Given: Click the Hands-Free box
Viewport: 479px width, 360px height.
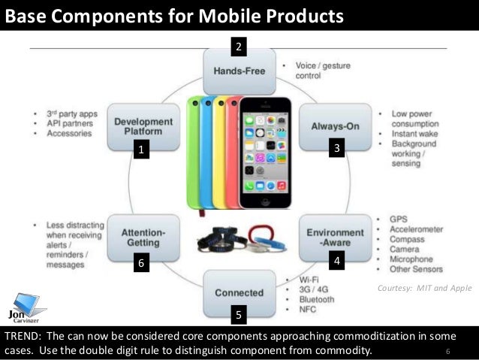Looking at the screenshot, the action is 238,71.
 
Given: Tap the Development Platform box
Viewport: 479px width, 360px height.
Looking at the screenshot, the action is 143,126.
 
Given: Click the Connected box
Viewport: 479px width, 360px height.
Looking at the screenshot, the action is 238,292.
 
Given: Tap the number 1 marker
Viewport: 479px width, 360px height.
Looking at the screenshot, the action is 138,151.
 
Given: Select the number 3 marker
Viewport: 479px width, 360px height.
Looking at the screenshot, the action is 338,150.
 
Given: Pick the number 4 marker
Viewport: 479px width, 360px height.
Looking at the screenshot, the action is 338,262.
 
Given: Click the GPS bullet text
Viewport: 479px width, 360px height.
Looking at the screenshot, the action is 399,217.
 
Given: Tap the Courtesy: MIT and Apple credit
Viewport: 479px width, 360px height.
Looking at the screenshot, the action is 424,288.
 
